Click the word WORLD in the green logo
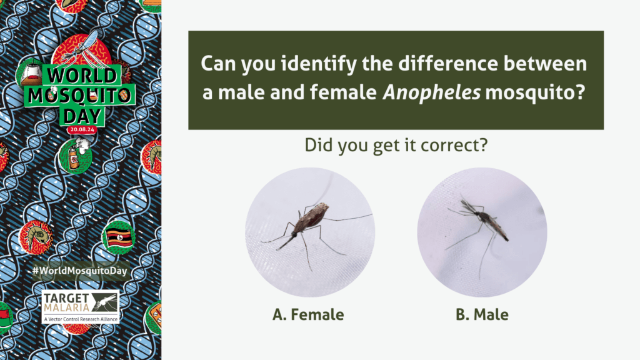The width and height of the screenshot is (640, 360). click(x=82, y=76)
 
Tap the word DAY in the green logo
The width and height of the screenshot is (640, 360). click(x=82, y=116)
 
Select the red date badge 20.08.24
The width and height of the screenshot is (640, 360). click(x=82, y=129)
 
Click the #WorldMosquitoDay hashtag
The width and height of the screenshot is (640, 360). click(x=80, y=271)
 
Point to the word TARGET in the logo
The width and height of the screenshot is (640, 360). click(x=66, y=298)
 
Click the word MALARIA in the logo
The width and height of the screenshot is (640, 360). click(x=66, y=307)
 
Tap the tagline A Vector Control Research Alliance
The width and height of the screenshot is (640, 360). click(x=81, y=319)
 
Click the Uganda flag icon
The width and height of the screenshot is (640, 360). click(x=119, y=237)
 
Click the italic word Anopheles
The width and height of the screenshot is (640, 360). click(x=431, y=92)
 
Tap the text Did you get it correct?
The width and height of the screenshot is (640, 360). click(x=396, y=145)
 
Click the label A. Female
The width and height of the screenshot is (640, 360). click(x=308, y=315)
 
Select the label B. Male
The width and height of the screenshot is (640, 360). click(x=482, y=315)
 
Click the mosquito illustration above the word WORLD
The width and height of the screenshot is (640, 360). click(x=84, y=51)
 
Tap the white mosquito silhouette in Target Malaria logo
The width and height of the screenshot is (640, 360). click(x=106, y=302)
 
